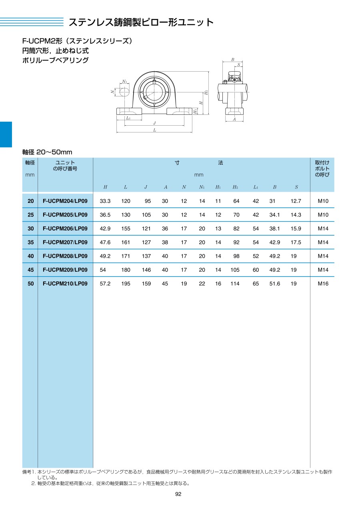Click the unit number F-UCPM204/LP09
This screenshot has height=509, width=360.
click(65, 201)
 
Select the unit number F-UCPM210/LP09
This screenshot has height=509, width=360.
click(65, 284)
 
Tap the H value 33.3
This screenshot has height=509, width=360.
click(105, 201)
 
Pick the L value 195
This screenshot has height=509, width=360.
click(126, 284)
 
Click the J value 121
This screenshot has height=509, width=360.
click(146, 228)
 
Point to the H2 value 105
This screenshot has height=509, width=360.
click(235, 270)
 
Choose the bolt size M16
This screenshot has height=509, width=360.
click(323, 284)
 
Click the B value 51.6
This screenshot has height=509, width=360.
click(275, 284)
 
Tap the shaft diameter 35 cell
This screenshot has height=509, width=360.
click(30, 242)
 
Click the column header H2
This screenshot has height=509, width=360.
click(235, 187)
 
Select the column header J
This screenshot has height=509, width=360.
click(146, 187)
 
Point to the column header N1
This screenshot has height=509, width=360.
click(202, 187)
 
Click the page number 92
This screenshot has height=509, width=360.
click(178, 494)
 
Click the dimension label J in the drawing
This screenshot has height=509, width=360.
click(154, 123)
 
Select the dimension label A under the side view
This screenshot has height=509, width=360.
click(234, 119)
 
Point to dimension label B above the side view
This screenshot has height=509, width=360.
click(233, 60)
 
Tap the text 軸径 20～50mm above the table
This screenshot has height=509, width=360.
click(47, 152)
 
